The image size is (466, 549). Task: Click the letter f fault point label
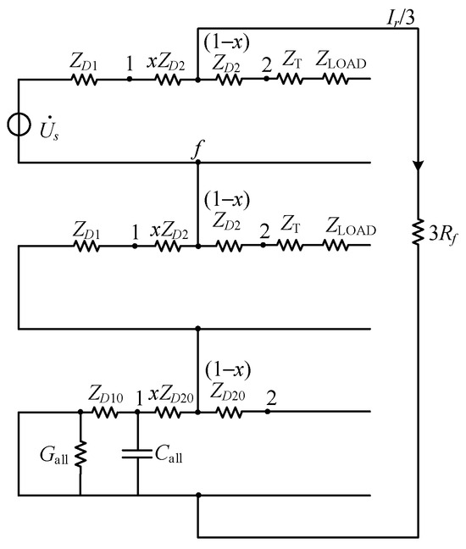click(x=197, y=151)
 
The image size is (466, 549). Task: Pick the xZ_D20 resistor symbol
click(x=168, y=413)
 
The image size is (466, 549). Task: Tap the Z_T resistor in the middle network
click(x=290, y=246)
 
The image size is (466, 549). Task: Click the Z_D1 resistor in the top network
click(x=85, y=79)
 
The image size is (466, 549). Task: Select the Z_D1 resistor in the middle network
click(x=85, y=246)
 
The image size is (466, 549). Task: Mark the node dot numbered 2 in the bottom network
click(x=268, y=413)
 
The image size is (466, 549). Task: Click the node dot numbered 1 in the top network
click(x=129, y=79)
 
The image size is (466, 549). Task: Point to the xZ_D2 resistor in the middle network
click(x=168, y=246)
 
